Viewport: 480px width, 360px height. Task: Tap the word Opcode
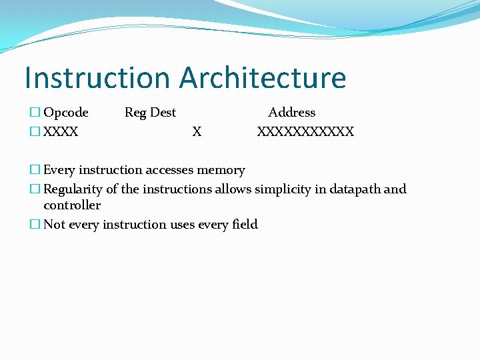[x=65, y=113]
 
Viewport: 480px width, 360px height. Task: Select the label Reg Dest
[x=150, y=113]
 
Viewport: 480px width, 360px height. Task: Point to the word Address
[x=291, y=113]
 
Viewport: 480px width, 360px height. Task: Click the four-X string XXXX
[x=61, y=132]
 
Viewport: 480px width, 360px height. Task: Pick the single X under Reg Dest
[x=197, y=132]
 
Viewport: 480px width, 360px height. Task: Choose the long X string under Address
[x=305, y=132]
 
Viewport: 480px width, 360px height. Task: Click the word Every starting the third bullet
[x=59, y=170]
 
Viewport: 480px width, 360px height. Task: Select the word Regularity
[x=75, y=189]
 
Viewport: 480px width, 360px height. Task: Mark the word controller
[x=72, y=205]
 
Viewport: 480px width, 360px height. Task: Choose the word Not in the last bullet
[x=54, y=225]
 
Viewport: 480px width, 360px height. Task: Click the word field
[x=245, y=225]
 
